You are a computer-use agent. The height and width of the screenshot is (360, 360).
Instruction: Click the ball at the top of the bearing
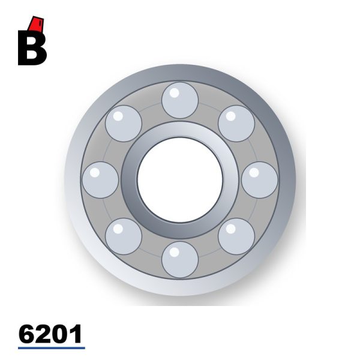tap(180, 100)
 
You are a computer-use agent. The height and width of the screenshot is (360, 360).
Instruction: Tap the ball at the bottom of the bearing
tap(180, 260)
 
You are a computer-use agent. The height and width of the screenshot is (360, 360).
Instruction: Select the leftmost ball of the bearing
tap(100, 180)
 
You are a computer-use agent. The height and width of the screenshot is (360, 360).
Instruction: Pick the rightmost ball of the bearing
tap(260, 180)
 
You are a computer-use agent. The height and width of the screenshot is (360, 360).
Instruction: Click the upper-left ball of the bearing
tap(124, 124)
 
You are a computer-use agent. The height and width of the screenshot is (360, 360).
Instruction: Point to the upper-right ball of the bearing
tap(236, 124)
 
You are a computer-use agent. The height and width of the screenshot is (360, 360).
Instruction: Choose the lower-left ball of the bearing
tap(124, 236)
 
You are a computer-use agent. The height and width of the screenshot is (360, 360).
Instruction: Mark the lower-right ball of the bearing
tap(236, 236)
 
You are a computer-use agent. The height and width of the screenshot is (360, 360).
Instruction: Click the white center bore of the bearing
tap(180, 180)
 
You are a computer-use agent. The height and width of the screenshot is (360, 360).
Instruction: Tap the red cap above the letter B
tap(36, 23)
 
